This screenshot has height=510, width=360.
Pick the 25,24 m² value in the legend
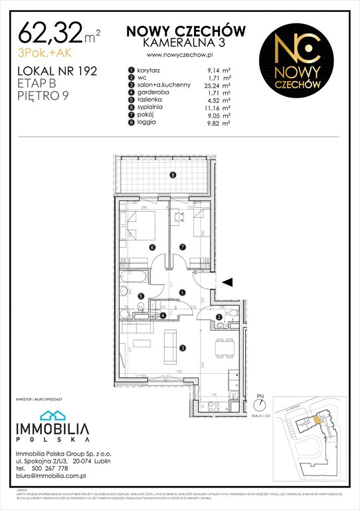tap(217, 86)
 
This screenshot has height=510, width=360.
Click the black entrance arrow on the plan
tap(227, 282)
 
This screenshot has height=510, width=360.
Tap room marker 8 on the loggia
tap(172, 175)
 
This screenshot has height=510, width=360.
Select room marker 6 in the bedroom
tap(152, 247)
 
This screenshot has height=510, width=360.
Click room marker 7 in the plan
tap(183, 247)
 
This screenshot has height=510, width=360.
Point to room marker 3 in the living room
tap(183, 347)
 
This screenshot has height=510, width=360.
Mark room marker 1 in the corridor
tap(182, 292)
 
